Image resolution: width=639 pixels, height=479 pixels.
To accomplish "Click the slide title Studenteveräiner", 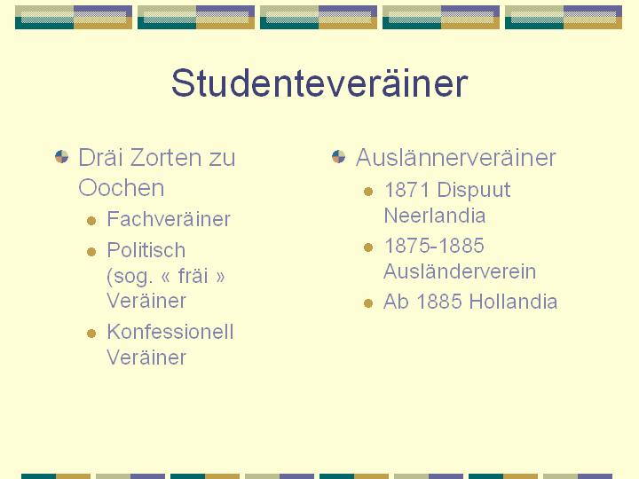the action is click(x=319, y=82).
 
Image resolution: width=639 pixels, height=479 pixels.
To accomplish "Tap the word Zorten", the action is click(x=165, y=158).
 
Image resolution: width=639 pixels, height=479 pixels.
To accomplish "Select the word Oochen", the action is click(x=122, y=188).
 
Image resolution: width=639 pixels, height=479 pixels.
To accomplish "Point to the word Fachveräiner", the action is click(x=169, y=219).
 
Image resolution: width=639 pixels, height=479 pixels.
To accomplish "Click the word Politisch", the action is click(x=146, y=249).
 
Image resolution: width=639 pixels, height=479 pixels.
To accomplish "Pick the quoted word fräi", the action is click(x=193, y=275).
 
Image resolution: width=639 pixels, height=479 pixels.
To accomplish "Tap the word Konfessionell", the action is click(x=170, y=332).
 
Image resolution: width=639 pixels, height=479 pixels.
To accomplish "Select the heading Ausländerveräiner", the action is click(x=455, y=158).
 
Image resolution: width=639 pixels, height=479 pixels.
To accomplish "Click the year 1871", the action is click(x=406, y=190).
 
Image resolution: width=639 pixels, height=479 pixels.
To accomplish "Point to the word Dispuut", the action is click(x=474, y=191).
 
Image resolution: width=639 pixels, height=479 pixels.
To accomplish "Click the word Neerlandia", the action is click(x=435, y=216).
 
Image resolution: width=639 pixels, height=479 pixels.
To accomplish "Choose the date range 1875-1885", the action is click(x=434, y=246).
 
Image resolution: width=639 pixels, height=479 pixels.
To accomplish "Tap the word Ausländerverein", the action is click(x=460, y=271).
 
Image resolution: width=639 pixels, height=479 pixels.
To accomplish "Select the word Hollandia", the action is click(x=513, y=302).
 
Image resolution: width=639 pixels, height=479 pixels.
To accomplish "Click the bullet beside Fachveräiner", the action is click(x=91, y=221).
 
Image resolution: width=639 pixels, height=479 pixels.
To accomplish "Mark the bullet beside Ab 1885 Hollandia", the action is click(x=368, y=303).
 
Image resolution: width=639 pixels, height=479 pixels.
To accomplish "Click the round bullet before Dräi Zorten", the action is click(x=61, y=157).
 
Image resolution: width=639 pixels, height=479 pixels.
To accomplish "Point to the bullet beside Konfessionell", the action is click(x=91, y=334).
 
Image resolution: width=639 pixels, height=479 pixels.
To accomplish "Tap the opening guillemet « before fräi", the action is click(x=165, y=277).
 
